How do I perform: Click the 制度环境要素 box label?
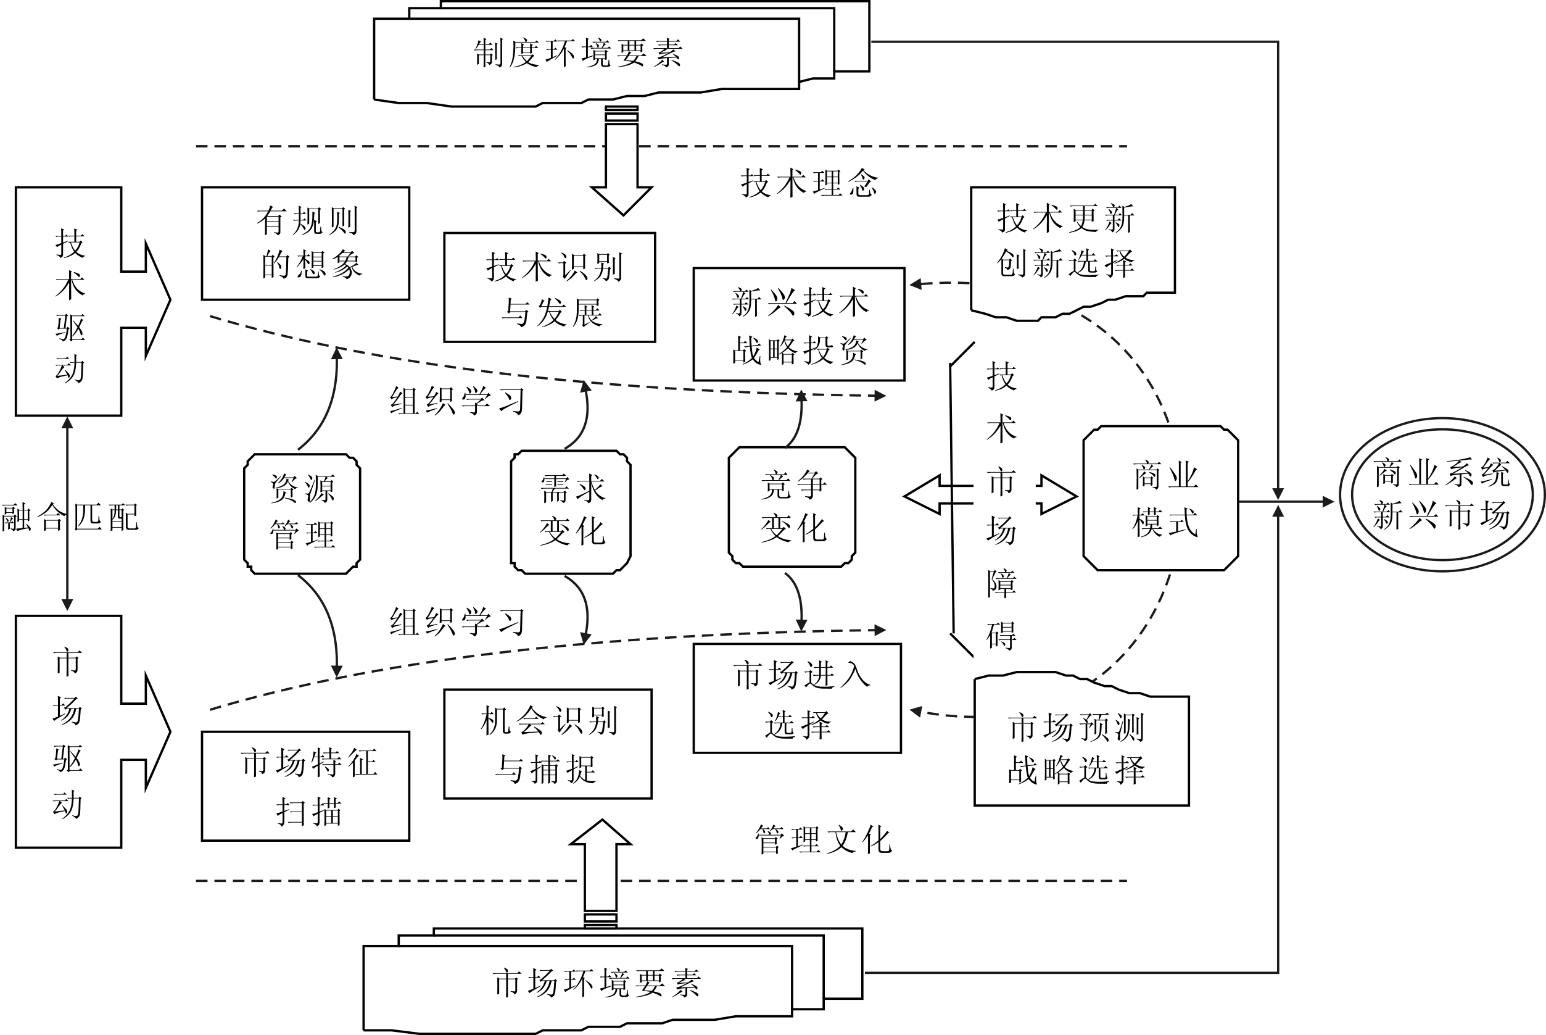tap(578, 54)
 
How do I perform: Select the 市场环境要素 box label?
tap(597, 983)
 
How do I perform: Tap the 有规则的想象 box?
tap(305, 243)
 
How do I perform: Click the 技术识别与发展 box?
tap(550, 288)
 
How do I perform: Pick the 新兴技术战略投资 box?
tap(798, 324)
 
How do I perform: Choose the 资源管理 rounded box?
tap(302, 513)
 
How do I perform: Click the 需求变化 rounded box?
tap(571, 512)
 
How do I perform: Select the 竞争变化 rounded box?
tap(792, 506)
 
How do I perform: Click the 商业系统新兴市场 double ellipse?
tap(1442, 494)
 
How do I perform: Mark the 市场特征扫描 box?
tap(305, 786)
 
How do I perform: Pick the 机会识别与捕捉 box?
tap(548, 744)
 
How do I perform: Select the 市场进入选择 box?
tap(797, 699)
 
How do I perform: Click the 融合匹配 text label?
tap(70, 517)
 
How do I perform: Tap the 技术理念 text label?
tap(809, 183)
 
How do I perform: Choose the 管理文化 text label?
tap(823, 840)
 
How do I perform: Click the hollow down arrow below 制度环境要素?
tap(622, 165)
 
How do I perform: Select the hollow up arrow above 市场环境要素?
tap(600, 868)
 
